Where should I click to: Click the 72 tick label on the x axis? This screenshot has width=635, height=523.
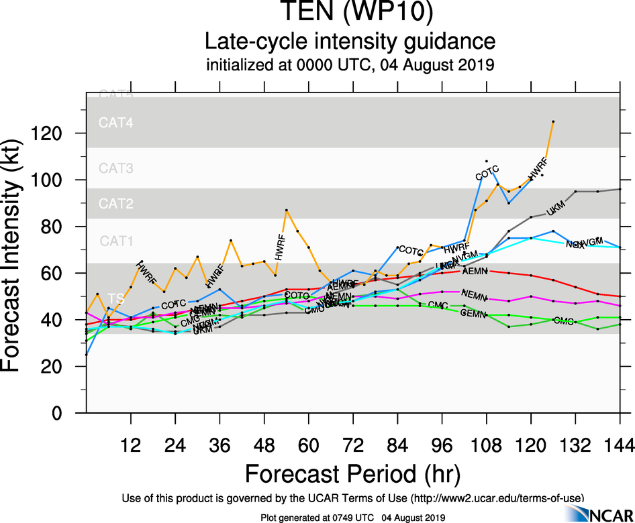352,445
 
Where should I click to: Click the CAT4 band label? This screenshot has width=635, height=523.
116,123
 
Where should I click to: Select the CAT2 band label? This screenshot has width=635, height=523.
116,203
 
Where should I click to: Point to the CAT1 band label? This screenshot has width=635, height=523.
116,241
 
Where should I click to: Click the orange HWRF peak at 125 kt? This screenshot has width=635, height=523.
553,121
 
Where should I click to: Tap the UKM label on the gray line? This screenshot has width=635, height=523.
556,209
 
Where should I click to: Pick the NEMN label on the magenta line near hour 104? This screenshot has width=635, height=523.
475,295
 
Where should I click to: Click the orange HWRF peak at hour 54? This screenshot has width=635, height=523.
286,211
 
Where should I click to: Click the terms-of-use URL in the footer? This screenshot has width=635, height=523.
497,498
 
